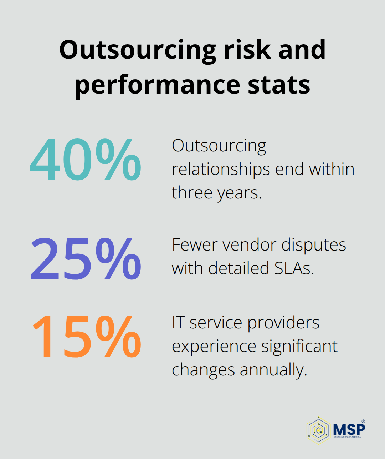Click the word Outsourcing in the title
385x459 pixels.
click(138, 50)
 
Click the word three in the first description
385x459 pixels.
click(192, 193)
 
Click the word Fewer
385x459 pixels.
click(194, 245)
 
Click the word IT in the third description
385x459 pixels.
click(178, 323)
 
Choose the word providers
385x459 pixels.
click(283, 323)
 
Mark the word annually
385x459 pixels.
click(273, 370)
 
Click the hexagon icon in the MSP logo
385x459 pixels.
click(318, 430)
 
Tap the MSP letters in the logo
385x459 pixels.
click(349, 428)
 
